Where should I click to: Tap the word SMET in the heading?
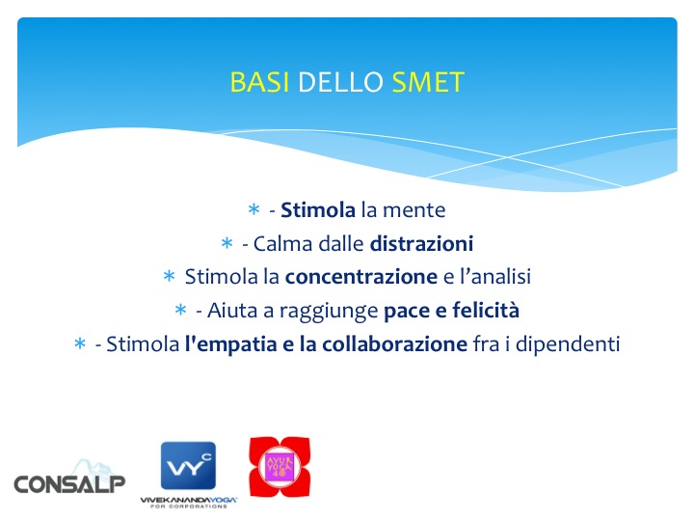click(x=428, y=83)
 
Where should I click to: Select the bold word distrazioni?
click(x=421, y=242)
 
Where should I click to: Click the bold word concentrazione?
click(x=361, y=277)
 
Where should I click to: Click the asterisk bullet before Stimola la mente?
click(x=254, y=208)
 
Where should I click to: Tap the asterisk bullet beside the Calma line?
click(x=227, y=242)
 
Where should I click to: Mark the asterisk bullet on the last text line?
click(x=80, y=343)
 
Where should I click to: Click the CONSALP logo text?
click(x=69, y=482)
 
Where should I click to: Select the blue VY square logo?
click(x=187, y=468)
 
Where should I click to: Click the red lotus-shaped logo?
click(x=280, y=467)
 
